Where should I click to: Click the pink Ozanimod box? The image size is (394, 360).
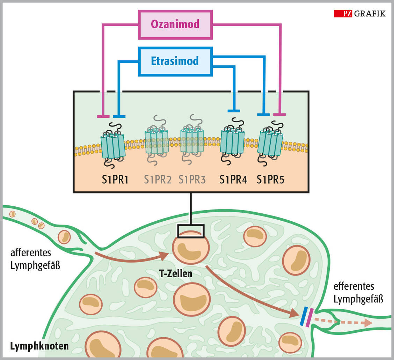(x=175, y=24)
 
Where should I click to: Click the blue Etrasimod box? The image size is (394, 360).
(x=175, y=61)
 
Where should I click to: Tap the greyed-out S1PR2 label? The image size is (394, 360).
(x=158, y=180)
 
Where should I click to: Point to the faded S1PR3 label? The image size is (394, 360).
(x=192, y=180)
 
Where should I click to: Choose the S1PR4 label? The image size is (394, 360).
(x=233, y=180)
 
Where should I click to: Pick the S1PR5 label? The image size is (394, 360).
(x=271, y=180)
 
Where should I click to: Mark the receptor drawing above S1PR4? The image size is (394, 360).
(x=232, y=141)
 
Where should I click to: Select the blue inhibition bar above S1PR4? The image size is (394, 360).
(x=234, y=111)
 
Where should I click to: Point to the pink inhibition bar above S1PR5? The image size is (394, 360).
(x=279, y=114)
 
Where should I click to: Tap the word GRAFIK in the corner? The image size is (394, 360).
(x=370, y=14)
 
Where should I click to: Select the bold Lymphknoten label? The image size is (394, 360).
(x=39, y=346)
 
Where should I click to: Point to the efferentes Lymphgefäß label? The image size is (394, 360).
(x=358, y=293)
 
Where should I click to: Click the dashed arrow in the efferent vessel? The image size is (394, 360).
(x=342, y=322)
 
